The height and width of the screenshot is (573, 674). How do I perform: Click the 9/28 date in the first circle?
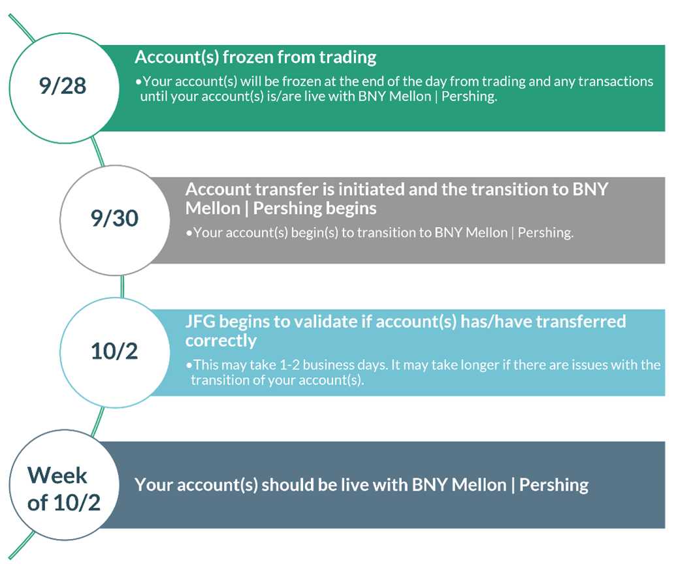pyautogui.click(x=63, y=86)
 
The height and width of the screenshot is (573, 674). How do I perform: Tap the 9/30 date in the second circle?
pyautogui.click(x=114, y=218)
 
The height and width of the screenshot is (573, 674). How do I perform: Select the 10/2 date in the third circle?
pyautogui.click(x=114, y=351)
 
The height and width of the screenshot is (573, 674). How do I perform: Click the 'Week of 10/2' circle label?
pyautogui.click(x=63, y=489)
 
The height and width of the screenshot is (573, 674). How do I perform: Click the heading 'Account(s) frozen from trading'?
pyautogui.click(x=255, y=57)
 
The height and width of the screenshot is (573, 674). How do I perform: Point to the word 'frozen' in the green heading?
pyautogui.click(x=248, y=57)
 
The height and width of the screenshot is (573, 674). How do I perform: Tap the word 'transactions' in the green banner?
pyautogui.click(x=615, y=81)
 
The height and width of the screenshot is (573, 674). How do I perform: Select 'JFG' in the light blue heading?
pyautogui.click(x=201, y=322)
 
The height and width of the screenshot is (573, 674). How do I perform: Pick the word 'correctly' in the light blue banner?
pyautogui.click(x=221, y=341)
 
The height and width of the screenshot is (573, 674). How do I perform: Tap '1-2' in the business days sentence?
pyautogui.click(x=289, y=365)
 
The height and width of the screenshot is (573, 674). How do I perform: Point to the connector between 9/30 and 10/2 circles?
pyautogui.click(x=122, y=286)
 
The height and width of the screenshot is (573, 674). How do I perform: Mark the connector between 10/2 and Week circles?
pyautogui.click(x=98, y=422)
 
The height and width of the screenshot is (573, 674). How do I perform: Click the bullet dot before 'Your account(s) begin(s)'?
pyautogui.click(x=189, y=233)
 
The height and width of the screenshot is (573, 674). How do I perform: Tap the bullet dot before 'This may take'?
pyautogui.click(x=189, y=365)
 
